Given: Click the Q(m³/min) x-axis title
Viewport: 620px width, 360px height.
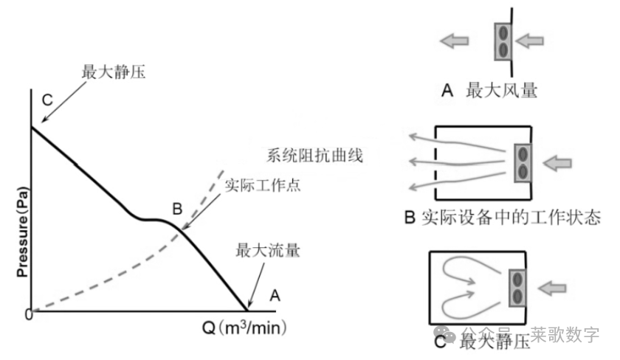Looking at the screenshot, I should pyautogui.click(x=244, y=327).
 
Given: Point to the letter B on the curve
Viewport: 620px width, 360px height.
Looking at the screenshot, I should pyautogui.click(x=177, y=209).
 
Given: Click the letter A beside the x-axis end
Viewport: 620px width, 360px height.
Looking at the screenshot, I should pyautogui.click(x=275, y=297).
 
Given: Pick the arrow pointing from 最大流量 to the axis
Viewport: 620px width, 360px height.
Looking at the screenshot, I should pyautogui.click(x=255, y=283).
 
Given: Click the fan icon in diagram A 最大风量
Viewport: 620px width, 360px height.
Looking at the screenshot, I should pyautogui.click(x=503, y=42).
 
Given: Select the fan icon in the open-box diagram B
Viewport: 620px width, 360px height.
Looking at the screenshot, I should pyautogui.click(x=523, y=162).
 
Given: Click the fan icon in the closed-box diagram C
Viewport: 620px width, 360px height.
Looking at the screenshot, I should pyautogui.click(x=516, y=287).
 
